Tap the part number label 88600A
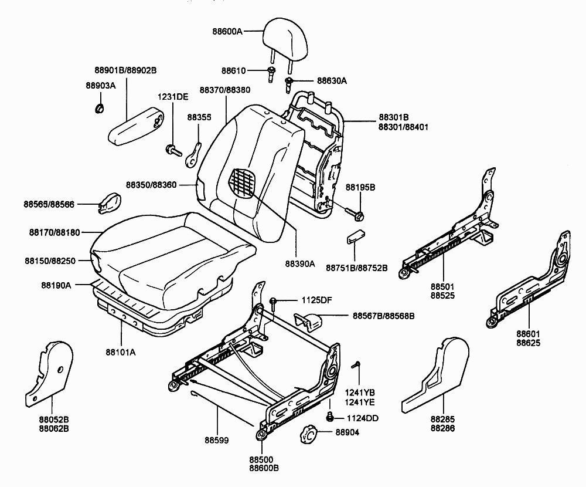point(227,32)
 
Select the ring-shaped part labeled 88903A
point(99,108)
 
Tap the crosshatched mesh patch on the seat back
point(243,181)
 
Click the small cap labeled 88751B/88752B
point(355,237)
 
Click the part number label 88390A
point(300,264)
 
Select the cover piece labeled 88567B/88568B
point(309,322)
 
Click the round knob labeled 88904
point(308,434)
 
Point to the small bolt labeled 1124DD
point(330,417)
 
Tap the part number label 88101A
point(121,352)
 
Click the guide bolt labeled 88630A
point(288,84)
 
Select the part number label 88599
point(216,440)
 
